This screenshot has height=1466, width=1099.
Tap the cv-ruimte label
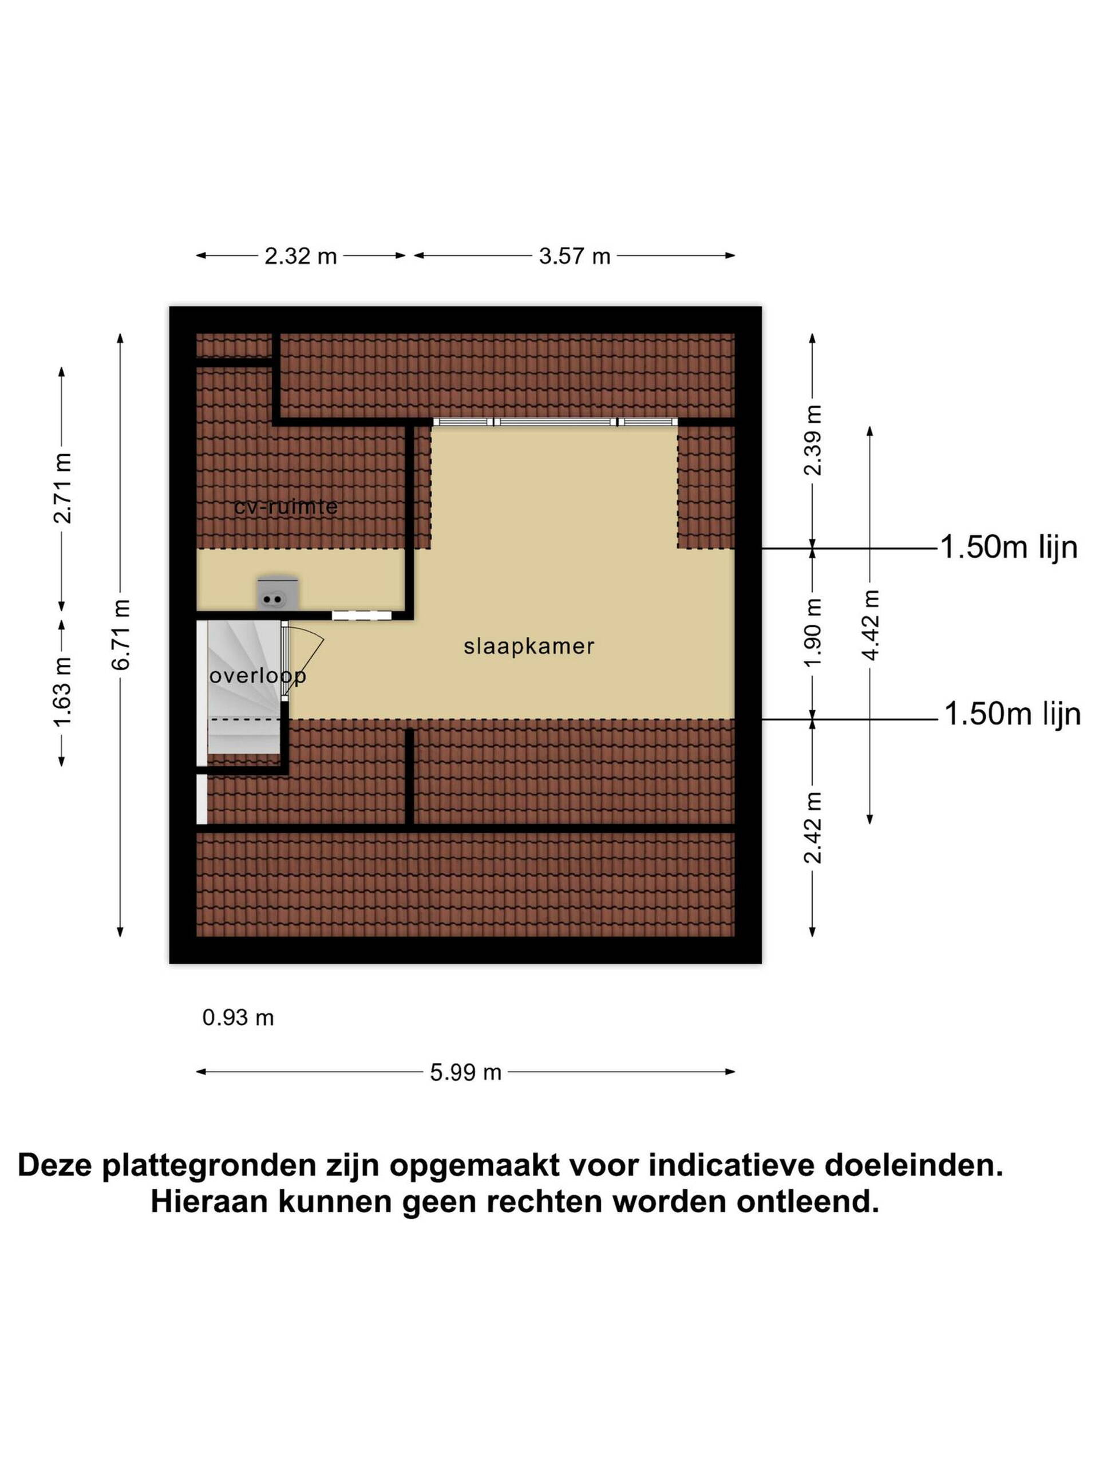click(x=286, y=507)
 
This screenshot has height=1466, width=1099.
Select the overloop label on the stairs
click(x=258, y=676)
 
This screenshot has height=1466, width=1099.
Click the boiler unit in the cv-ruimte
click(x=278, y=593)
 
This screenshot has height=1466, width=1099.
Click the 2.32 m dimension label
click(x=301, y=256)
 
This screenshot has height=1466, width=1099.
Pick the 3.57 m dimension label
click(x=574, y=256)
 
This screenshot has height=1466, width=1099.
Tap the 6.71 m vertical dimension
click(x=121, y=635)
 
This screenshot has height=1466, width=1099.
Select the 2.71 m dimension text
click(x=62, y=488)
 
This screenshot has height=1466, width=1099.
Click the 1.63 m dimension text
click(x=62, y=692)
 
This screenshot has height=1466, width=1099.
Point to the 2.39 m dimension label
click(x=812, y=440)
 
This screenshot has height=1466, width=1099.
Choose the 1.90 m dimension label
click(x=812, y=632)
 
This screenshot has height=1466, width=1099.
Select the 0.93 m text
click(x=238, y=1017)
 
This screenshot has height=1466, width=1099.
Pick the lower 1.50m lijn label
click(x=1012, y=715)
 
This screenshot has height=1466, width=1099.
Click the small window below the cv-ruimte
click(x=362, y=615)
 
